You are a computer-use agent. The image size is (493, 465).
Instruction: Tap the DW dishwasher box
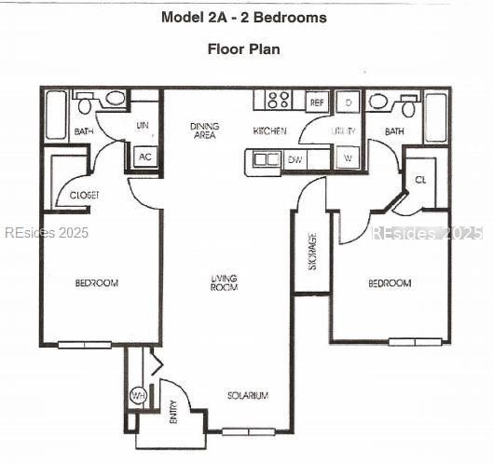294,160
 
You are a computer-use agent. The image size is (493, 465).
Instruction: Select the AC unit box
144,157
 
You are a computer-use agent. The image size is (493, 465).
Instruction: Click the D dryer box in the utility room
347,102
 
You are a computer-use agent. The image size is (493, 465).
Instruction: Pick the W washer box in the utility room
347,159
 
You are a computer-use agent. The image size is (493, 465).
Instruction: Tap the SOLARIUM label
248,396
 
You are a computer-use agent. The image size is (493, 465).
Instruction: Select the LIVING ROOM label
224,282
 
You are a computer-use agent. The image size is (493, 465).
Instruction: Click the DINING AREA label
205,131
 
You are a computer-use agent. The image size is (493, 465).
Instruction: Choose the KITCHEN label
269,131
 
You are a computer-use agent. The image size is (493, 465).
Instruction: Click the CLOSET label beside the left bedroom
85,195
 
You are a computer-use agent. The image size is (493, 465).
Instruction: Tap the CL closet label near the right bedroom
420,180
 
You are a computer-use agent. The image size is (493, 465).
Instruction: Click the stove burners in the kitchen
278,100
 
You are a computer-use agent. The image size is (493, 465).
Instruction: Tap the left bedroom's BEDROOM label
97,283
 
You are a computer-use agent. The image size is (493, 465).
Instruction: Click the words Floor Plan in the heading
244,48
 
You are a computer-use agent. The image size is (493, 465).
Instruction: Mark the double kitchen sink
266,159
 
